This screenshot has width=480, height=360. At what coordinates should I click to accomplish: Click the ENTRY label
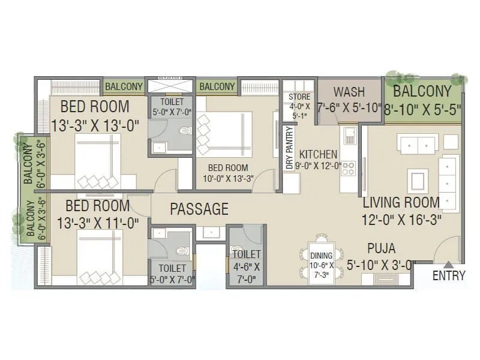point(448,275)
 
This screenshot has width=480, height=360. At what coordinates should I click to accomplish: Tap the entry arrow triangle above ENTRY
point(448,264)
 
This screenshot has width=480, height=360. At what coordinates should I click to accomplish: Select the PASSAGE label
point(199,209)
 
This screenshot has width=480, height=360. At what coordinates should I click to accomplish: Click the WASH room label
point(349,92)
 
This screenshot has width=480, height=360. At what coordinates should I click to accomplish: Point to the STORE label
point(299,97)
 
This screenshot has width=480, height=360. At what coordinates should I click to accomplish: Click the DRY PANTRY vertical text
point(290,149)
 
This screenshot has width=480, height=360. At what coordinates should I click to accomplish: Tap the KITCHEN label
point(319,154)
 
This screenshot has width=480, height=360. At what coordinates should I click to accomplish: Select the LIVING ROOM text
point(401,202)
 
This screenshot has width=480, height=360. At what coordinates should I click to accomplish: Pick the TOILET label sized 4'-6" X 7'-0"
point(247,254)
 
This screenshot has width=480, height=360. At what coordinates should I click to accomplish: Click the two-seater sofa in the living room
point(416,145)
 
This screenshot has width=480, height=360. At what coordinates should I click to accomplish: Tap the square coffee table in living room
point(418,179)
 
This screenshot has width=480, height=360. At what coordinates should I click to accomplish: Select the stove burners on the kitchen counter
point(348,169)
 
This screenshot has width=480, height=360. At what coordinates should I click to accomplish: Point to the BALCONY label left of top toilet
point(124,87)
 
